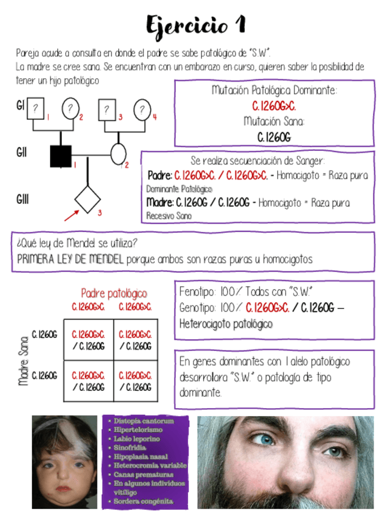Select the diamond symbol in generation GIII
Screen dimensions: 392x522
point(87,198)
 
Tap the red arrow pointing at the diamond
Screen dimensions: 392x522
point(71,214)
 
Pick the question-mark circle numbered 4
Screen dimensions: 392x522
point(142,110)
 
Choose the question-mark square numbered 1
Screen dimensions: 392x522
point(36,108)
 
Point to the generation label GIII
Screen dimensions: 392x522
point(22,199)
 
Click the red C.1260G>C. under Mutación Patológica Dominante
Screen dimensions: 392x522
point(274,106)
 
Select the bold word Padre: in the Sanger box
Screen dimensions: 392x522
point(160,175)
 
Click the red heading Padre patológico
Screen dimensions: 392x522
point(114,294)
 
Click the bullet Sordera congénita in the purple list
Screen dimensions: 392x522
point(144,501)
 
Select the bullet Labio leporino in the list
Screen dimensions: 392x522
point(137,439)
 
